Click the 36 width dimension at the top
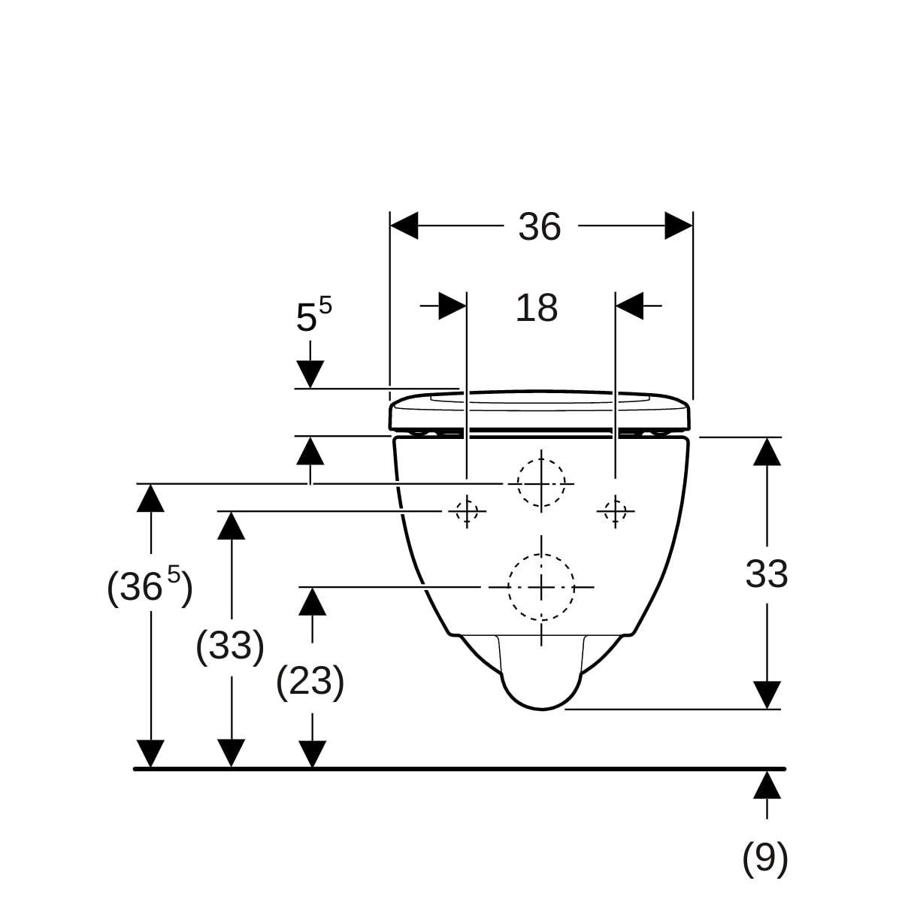click(x=539, y=226)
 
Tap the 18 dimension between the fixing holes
click(x=537, y=308)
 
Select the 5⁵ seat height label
click(x=314, y=315)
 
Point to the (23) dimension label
click(x=310, y=682)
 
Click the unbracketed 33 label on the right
click(x=767, y=574)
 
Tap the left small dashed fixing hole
click(x=467, y=510)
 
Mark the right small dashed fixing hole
click(x=615, y=510)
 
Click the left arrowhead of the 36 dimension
click(x=404, y=225)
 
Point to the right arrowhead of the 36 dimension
click(x=679, y=225)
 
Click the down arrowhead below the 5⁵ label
click(x=310, y=374)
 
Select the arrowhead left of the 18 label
click(x=453, y=306)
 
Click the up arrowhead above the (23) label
click(x=312, y=601)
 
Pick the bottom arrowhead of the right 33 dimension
click(x=767, y=695)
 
